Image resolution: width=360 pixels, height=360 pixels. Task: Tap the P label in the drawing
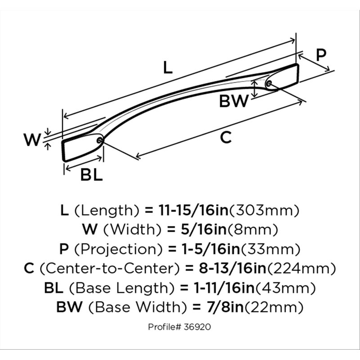point(321,55)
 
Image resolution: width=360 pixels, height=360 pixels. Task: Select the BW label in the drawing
point(234,101)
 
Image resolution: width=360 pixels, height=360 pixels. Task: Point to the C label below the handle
point(226,138)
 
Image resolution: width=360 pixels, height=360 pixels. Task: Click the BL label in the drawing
point(91,175)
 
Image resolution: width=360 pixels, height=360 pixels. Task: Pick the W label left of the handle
point(32,139)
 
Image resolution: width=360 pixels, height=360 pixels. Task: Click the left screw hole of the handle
point(100,140)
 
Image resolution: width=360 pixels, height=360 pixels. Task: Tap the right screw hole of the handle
point(269,83)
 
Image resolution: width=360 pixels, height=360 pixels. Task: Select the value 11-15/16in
point(193,210)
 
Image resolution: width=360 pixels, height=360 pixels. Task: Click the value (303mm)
point(264,211)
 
